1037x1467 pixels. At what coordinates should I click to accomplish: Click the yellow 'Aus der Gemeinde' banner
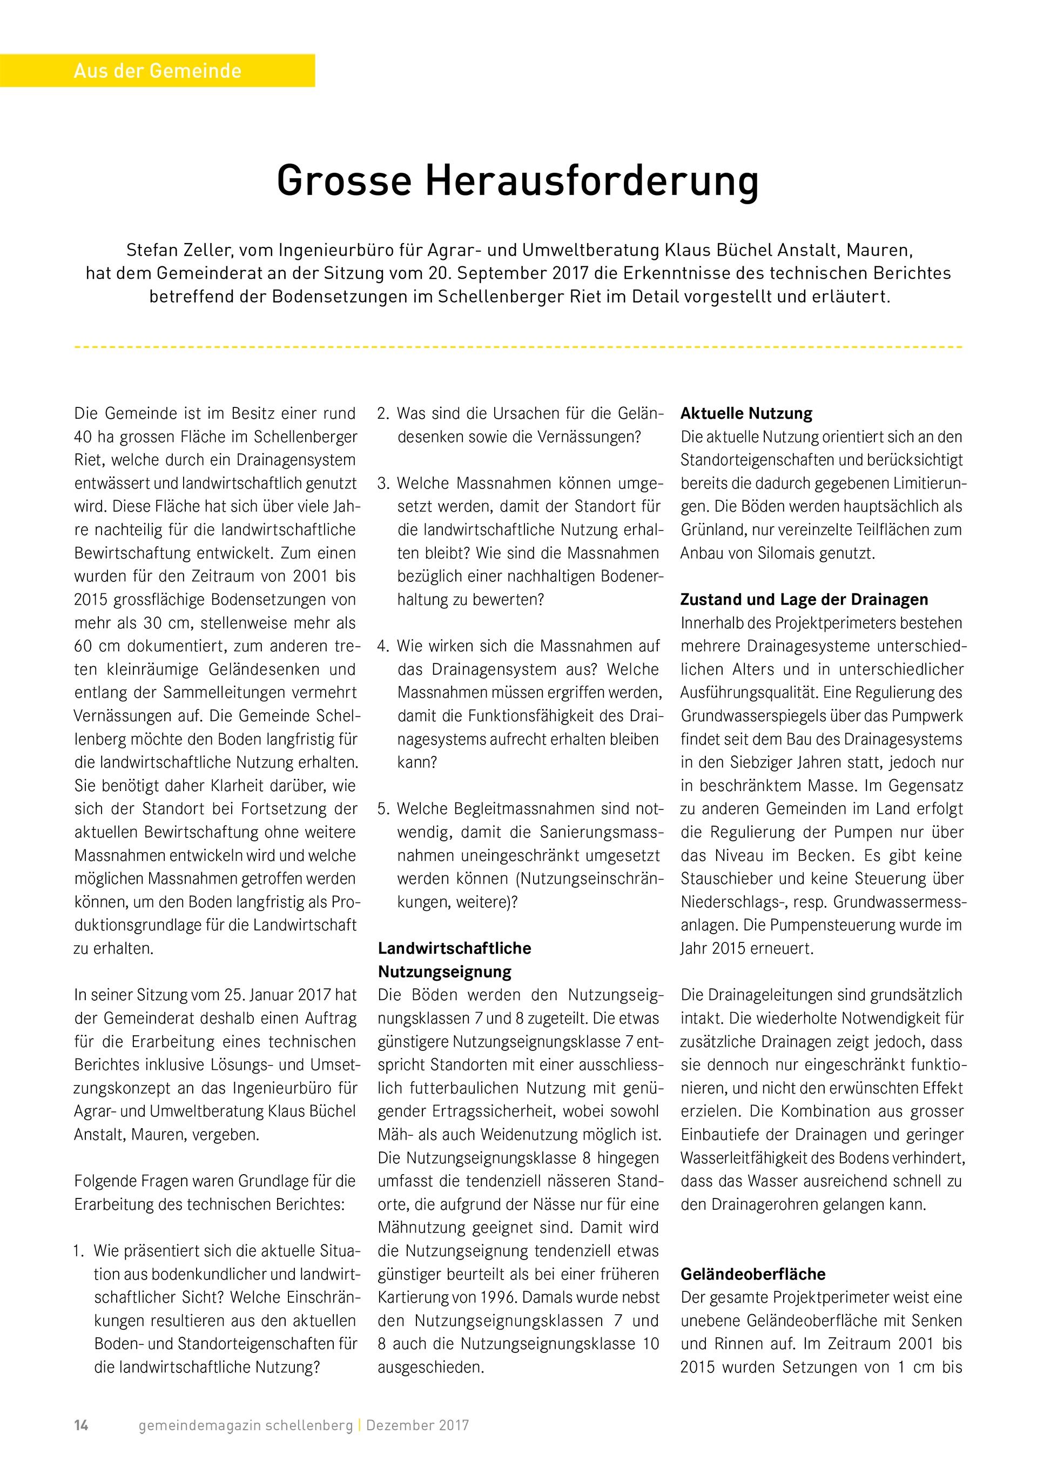coord(157,70)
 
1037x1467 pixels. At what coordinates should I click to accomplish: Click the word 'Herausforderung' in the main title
coord(591,181)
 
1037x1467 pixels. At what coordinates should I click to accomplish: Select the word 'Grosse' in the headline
coord(345,181)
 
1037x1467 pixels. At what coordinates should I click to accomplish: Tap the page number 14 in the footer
coord(81,1425)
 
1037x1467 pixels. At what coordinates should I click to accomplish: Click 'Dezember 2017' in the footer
coord(418,1425)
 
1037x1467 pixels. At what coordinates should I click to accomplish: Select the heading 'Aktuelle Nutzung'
coord(746,413)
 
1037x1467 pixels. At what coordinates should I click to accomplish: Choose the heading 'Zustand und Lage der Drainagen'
coord(804,599)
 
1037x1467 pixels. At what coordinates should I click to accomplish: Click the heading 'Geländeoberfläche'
coord(753,1274)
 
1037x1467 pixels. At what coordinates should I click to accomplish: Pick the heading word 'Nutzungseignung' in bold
coord(445,972)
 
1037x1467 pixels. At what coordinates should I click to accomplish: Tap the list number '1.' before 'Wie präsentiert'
coord(79,1251)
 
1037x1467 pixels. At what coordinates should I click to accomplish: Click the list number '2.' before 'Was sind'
coord(383,413)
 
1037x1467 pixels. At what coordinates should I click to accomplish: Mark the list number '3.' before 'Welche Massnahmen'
coord(383,483)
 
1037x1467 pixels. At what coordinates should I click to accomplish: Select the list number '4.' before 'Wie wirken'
coord(383,646)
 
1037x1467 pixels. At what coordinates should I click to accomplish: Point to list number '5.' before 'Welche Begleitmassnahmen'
coord(383,809)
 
